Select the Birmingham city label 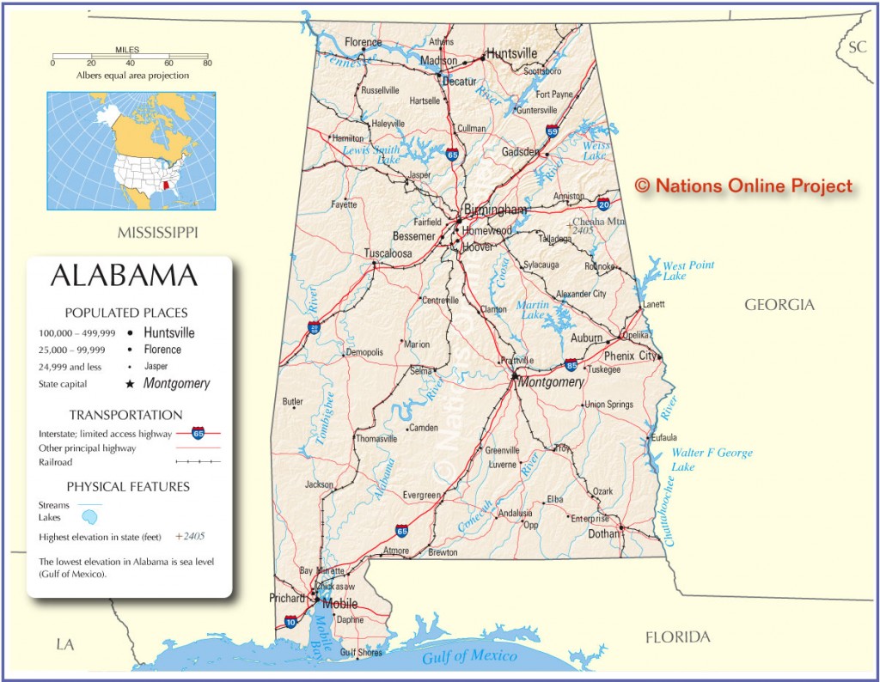[495, 210]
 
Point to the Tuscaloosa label [388, 253]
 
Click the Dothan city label [603, 533]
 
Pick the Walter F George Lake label [712, 460]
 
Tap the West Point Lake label [687, 271]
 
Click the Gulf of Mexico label [469, 657]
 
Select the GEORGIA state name [779, 305]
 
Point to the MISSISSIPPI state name [158, 233]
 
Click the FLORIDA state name [678, 636]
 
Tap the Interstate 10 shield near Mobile [291, 620]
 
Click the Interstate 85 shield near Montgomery [571, 364]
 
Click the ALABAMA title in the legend [125, 276]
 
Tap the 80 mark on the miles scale [206, 63]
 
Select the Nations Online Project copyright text [743, 186]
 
